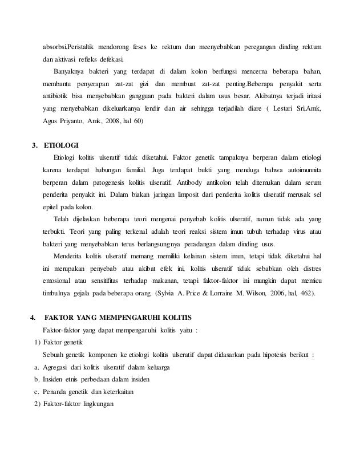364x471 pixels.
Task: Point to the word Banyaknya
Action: pos(69,71)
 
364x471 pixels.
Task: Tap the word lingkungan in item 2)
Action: pos(97,404)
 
